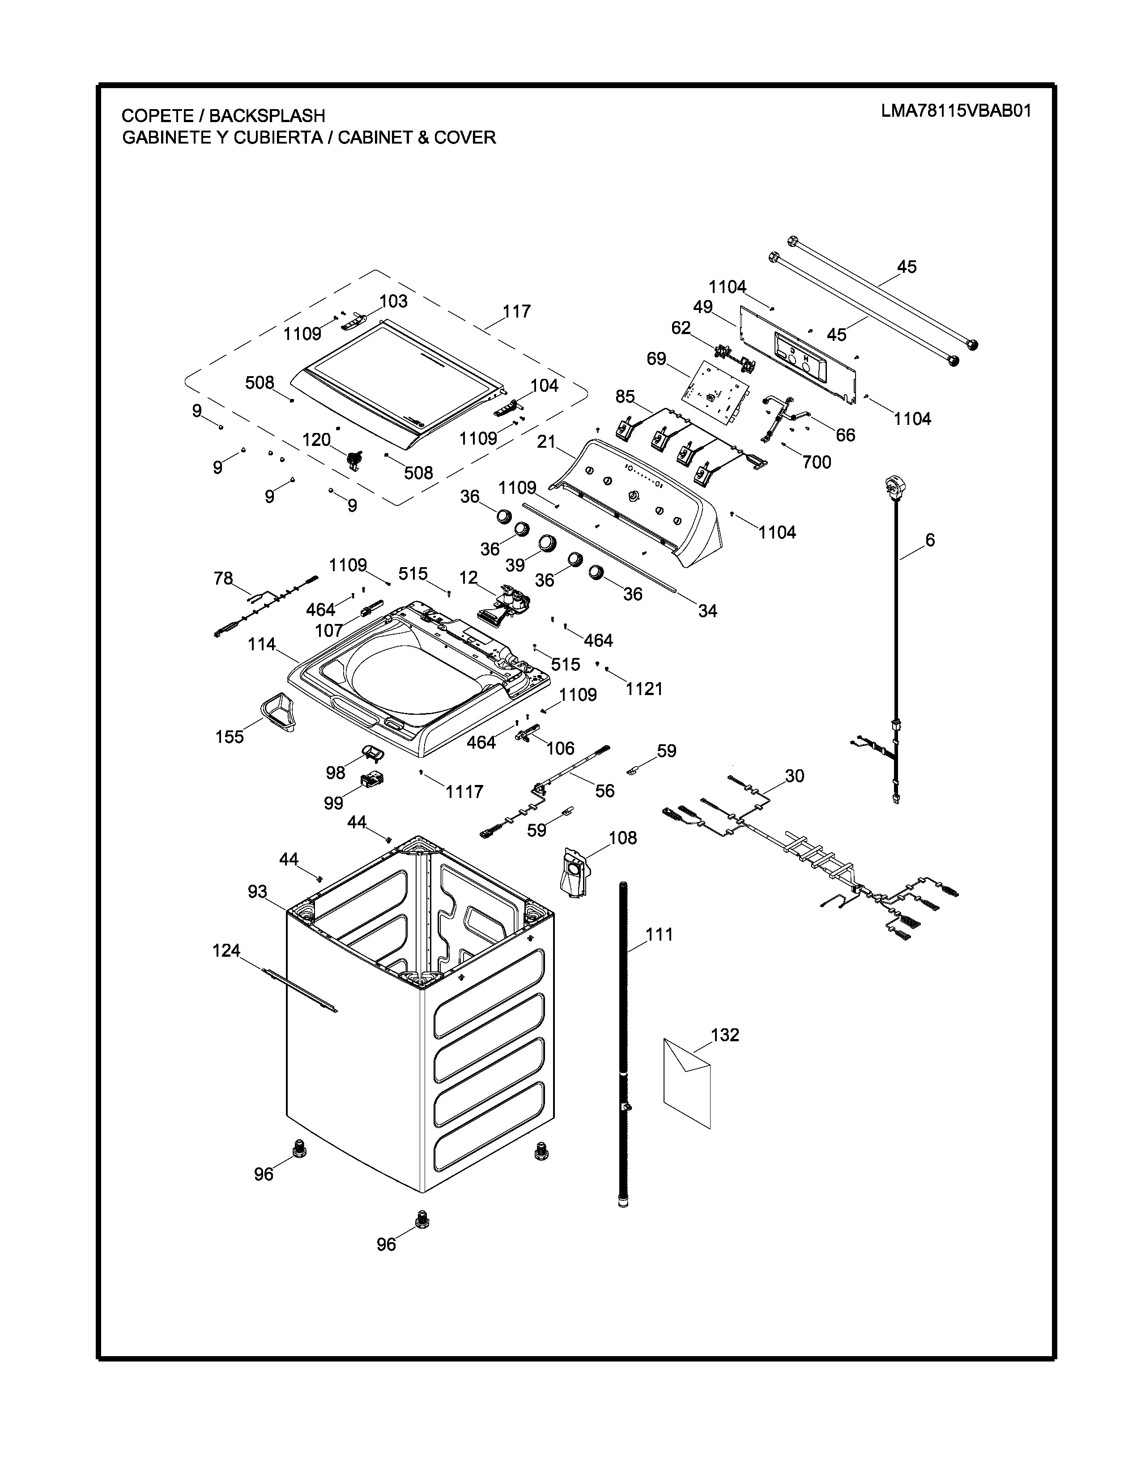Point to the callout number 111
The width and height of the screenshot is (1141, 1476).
click(659, 935)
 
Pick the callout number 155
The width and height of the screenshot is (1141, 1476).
click(230, 737)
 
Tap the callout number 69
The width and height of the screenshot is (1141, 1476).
click(656, 359)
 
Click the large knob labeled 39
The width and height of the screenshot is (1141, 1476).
click(546, 543)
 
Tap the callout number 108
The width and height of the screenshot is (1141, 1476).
click(622, 838)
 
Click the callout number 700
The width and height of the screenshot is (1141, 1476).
click(817, 462)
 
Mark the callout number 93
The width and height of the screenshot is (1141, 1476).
click(258, 892)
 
